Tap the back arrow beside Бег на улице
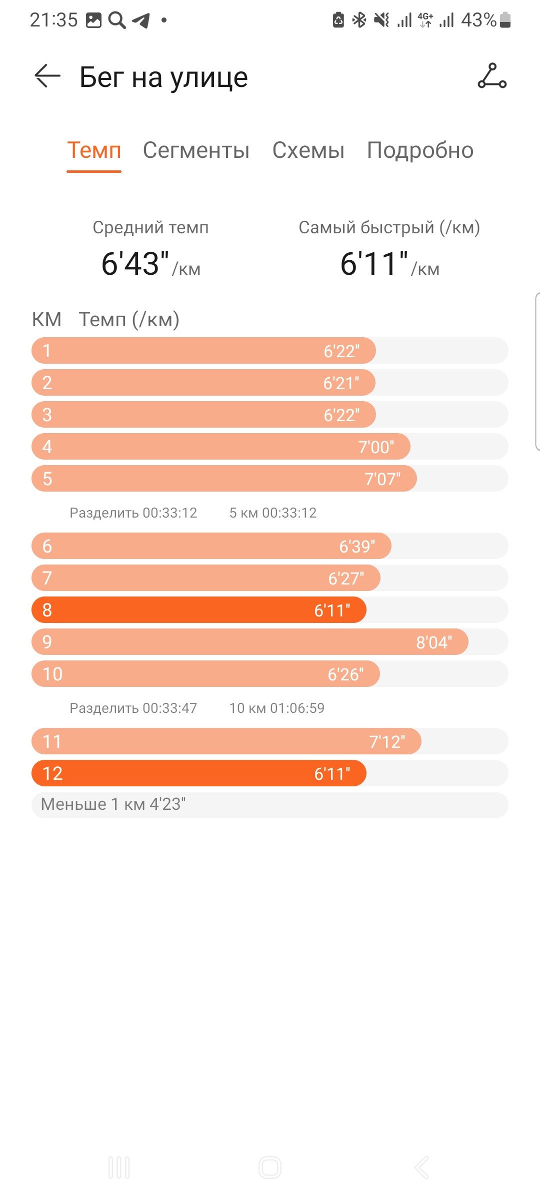point(47,76)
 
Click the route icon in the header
point(492,76)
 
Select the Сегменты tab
point(196,150)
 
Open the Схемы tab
point(308,150)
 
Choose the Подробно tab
point(420,150)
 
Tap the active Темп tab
point(94,150)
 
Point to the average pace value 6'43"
point(135,263)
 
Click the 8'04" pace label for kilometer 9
point(434,642)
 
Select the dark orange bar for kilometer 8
point(199,610)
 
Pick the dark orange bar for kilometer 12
point(199,773)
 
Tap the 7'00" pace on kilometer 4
point(376,447)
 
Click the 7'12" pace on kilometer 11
point(387,742)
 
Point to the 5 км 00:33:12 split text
point(273,513)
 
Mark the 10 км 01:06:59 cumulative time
point(277,708)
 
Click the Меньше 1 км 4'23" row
point(270,805)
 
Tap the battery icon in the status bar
point(505,20)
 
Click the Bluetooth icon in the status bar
point(359,20)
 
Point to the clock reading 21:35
point(54,20)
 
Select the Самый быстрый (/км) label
point(389,228)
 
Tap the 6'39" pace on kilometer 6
point(357,547)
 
